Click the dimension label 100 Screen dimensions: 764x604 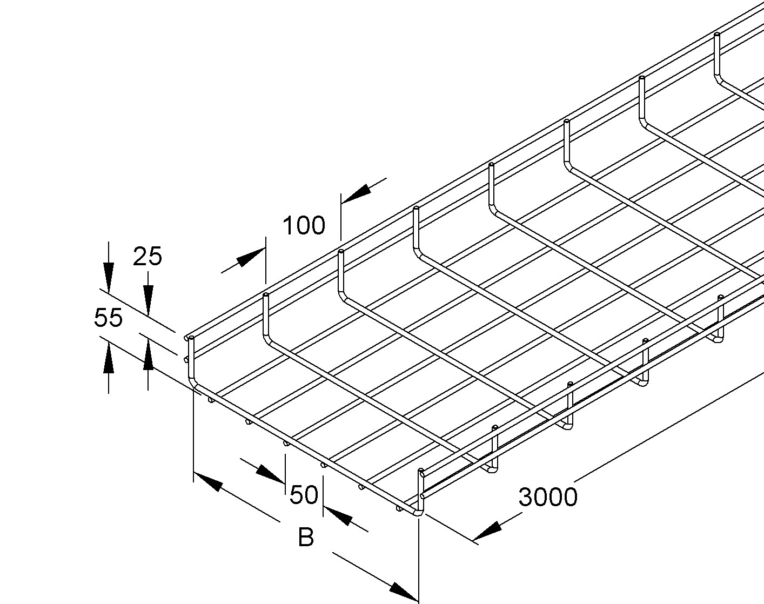coord(304,225)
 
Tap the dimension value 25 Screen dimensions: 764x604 coord(148,257)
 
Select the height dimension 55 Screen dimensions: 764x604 coord(108,318)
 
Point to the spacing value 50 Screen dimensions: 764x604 coord(304,495)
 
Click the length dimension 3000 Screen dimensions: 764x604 coord(548,497)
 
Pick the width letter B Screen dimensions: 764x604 coord(306,538)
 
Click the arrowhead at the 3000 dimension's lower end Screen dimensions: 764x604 coord(487,532)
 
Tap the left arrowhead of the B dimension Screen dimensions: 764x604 coord(208,482)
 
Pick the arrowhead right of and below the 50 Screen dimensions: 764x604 coord(338,516)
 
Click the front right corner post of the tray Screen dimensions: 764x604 coord(421,492)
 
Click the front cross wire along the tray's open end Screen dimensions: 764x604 coord(305,448)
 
